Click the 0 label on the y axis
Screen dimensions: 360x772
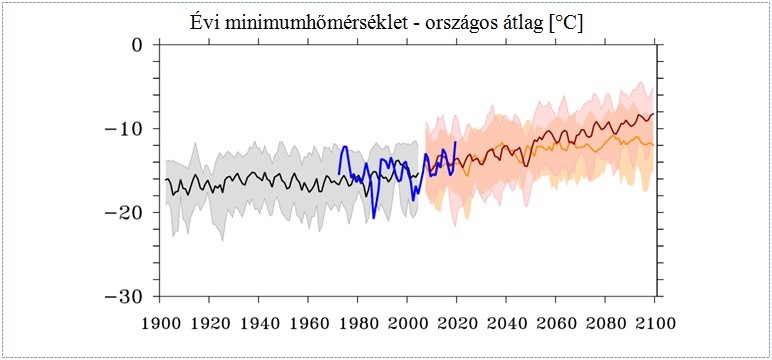(x=137, y=45)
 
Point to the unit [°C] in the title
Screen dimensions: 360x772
(x=563, y=22)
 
